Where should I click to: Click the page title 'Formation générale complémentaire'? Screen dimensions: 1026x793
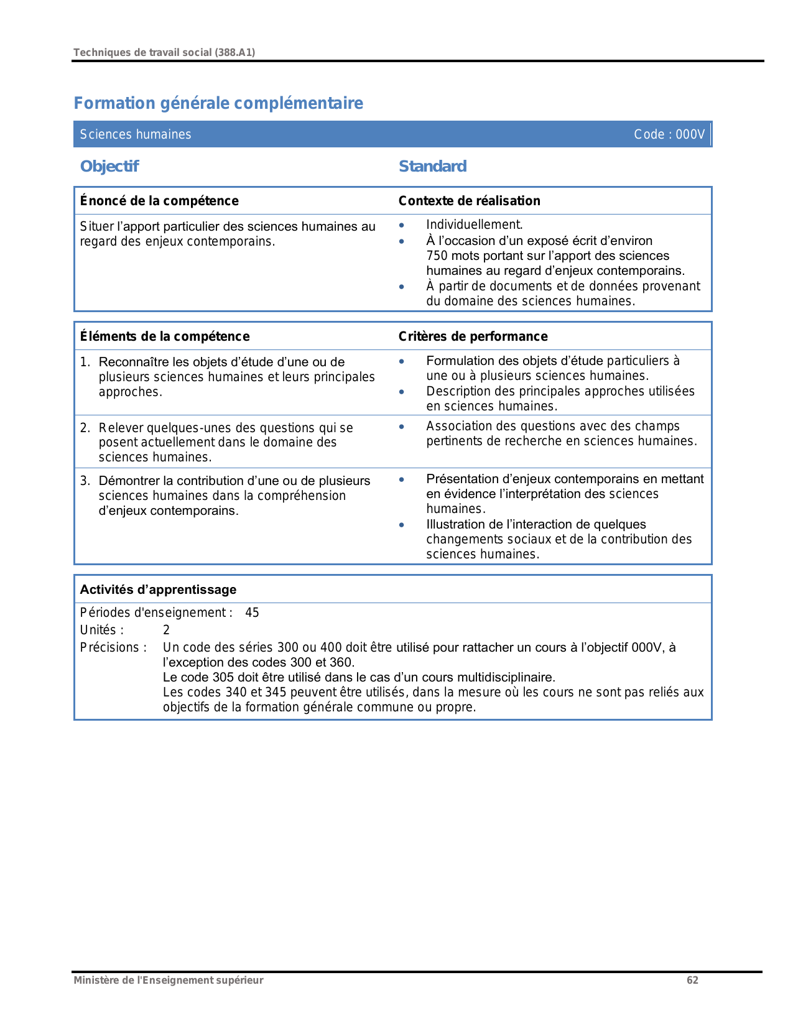coord(218,103)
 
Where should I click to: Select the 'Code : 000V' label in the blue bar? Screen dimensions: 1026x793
coord(669,134)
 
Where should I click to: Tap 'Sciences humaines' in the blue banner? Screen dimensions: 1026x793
coord(136,134)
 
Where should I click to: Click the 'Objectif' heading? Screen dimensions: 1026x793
coord(109,167)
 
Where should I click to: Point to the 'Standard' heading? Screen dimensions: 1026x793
coord(432,167)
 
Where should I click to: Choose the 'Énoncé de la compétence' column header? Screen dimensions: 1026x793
coord(159,201)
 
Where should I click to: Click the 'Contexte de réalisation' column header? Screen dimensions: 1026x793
coord(469,201)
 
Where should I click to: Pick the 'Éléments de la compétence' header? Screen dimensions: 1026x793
coord(165,336)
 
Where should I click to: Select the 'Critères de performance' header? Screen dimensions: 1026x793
coord(473,336)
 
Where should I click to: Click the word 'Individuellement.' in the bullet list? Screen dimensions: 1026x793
coord(474,225)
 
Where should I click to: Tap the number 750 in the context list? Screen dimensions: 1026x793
coord(437,256)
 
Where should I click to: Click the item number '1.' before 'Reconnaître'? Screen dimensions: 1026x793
coord(85,362)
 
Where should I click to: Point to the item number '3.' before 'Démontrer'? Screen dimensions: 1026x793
coord(85,481)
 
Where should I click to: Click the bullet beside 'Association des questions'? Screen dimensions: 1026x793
coord(402,427)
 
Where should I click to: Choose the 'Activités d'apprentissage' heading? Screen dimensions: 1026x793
coord(158,589)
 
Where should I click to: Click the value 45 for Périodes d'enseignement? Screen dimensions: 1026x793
coord(252,612)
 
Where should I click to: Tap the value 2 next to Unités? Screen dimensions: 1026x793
coord(166,630)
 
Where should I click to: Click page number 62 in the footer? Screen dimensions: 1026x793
coord(692,980)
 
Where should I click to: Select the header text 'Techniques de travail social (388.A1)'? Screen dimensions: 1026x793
coord(164,52)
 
